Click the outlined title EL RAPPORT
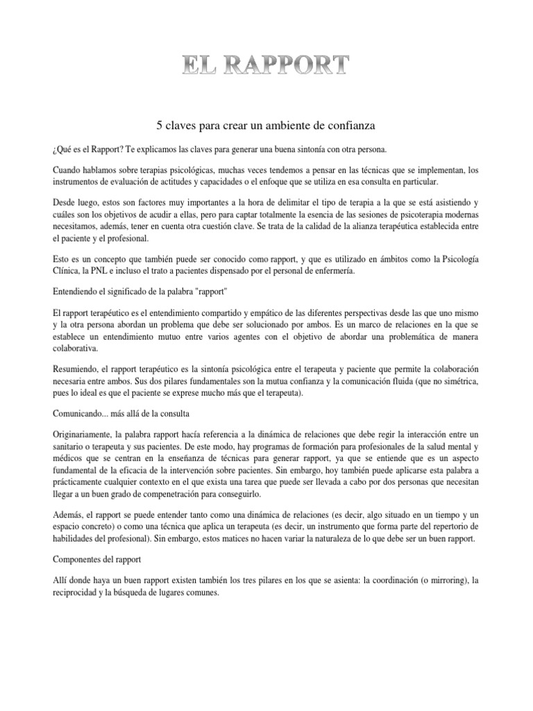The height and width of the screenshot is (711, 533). [266, 66]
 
